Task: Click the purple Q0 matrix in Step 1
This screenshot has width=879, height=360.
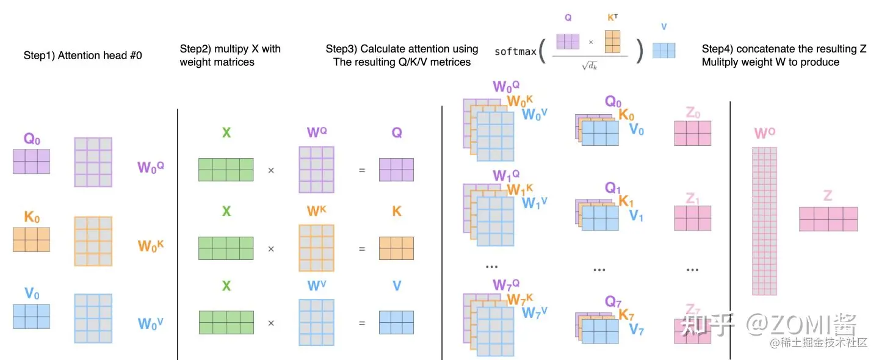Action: [x=31, y=161]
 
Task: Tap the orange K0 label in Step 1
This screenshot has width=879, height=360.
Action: [x=32, y=217]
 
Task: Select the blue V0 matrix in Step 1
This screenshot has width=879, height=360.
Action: [x=31, y=316]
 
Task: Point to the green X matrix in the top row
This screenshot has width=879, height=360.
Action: [x=226, y=169]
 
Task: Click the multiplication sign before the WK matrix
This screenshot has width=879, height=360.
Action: [x=271, y=249]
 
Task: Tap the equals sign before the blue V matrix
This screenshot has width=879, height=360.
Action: [x=362, y=323]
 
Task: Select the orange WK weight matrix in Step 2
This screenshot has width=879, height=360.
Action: [x=316, y=248]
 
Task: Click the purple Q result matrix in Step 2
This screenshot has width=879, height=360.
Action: [x=396, y=170]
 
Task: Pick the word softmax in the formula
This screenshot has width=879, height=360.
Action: [x=515, y=52]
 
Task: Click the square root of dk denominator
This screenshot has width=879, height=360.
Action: [x=589, y=65]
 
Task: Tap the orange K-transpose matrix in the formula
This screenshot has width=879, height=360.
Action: [x=612, y=41]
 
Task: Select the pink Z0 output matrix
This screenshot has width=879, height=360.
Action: [x=692, y=133]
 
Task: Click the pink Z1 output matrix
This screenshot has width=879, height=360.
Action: [x=692, y=218]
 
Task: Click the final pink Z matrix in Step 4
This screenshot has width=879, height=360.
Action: [x=828, y=219]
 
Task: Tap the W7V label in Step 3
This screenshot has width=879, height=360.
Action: [x=535, y=312]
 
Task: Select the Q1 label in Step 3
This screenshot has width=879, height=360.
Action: [x=613, y=187]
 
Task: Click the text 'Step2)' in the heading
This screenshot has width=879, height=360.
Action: [x=195, y=49]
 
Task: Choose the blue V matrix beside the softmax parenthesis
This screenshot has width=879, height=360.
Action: [x=664, y=50]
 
